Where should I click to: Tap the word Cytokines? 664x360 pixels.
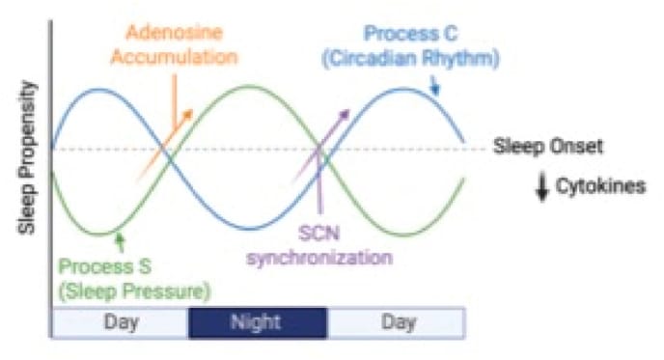click(x=599, y=185)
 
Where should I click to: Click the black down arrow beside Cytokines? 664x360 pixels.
click(x=542, y=185)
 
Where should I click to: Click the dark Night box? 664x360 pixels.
click(x=256, y=322)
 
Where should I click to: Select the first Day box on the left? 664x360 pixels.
click(x=120, y=322)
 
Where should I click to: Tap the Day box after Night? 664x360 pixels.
click(x=397, y=322)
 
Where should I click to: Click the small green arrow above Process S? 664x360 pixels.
click(x=119, y=239)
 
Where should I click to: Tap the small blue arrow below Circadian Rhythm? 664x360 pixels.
click(x=434, y=87)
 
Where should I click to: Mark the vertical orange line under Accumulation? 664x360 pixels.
click(x=174, y=97)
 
